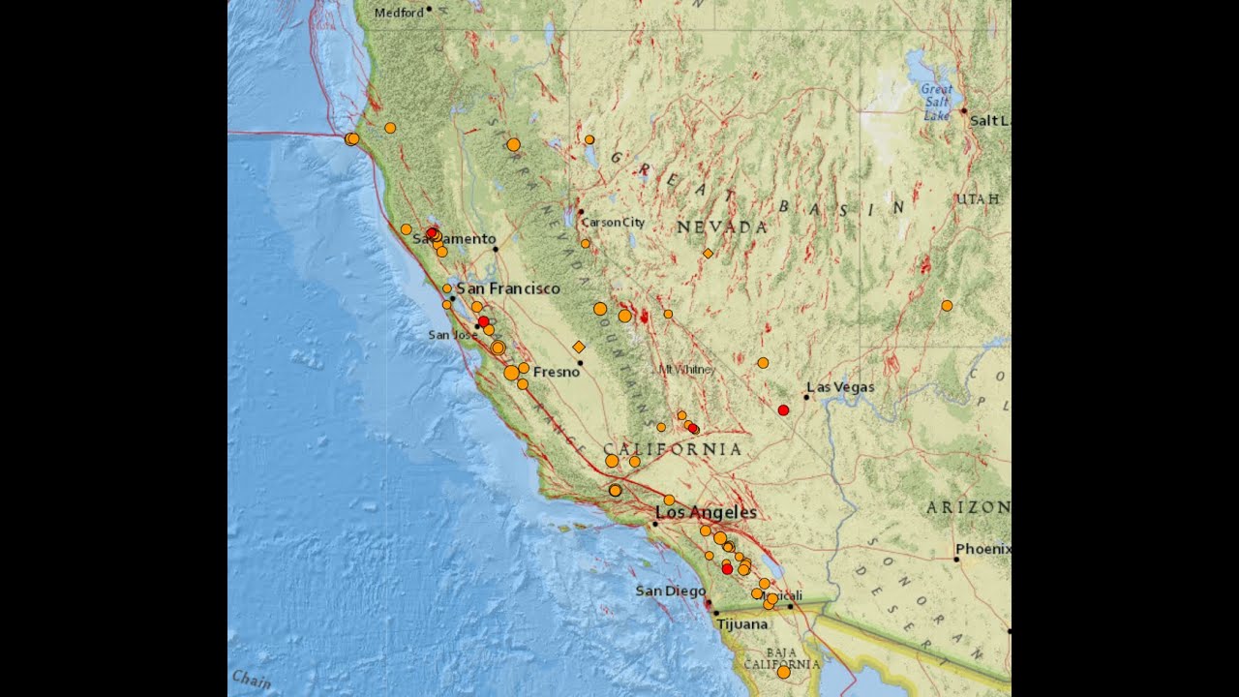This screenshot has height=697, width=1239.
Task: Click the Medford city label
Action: coord(398,13)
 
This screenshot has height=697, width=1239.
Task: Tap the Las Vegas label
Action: coord(840,387)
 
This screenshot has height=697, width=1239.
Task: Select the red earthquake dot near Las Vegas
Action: coord(783,410)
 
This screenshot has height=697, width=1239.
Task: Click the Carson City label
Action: coord(613,223)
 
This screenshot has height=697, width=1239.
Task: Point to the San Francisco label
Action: coord(508,288)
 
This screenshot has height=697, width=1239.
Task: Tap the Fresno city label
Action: coord(557,372)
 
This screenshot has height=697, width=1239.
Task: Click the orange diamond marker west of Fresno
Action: coord(579,347)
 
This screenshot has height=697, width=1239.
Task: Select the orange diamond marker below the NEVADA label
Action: coord(708,253)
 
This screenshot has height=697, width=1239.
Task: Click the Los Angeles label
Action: coord(706,512)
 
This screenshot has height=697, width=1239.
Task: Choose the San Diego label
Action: coord(671,591)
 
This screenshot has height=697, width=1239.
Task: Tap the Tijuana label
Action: coord(742,624)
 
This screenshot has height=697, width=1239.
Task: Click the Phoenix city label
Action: coord(983,549)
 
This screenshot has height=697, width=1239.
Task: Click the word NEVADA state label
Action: coord(721,227)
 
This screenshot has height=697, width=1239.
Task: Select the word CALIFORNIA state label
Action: coord(673,449)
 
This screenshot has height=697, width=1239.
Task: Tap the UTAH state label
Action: coord(978,198)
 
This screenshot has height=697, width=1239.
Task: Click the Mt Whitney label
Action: coord(687,370)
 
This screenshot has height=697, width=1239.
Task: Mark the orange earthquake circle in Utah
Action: coord(947,306)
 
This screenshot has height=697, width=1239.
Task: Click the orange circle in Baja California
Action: coord(783,672)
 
